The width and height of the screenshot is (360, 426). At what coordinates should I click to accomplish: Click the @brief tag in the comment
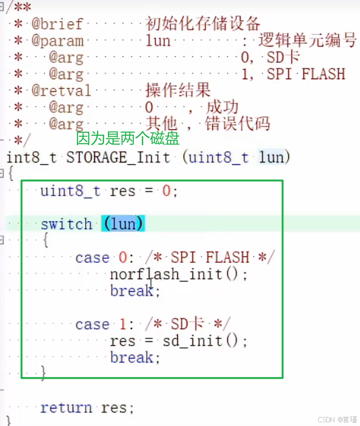57,24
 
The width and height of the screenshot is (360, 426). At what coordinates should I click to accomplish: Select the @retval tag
61,90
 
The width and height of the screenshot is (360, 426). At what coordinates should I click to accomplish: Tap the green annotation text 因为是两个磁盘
128,139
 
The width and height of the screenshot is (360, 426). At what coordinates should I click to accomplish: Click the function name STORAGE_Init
118,157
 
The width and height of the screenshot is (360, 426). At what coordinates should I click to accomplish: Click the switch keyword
66,224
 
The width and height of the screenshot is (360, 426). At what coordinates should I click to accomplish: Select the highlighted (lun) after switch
123,224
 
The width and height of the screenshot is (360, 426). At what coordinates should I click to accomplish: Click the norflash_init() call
178,274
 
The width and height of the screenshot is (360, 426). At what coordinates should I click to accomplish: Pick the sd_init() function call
205,341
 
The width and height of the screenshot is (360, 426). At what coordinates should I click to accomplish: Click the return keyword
66,408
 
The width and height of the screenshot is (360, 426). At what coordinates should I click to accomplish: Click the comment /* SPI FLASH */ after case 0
210,258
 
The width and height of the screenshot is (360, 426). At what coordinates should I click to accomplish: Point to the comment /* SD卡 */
188,324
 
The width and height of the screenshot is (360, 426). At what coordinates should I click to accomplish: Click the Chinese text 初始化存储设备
203,23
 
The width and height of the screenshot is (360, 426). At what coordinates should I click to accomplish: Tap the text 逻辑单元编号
307,40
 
